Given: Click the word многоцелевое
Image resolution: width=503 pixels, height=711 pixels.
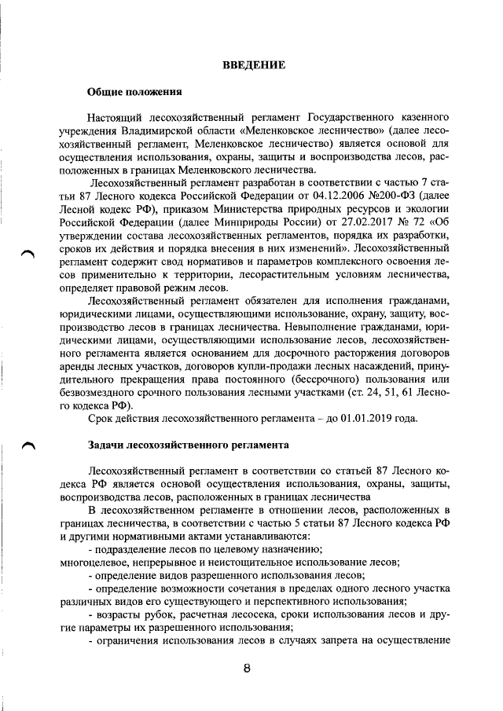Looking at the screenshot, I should [95, 561].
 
